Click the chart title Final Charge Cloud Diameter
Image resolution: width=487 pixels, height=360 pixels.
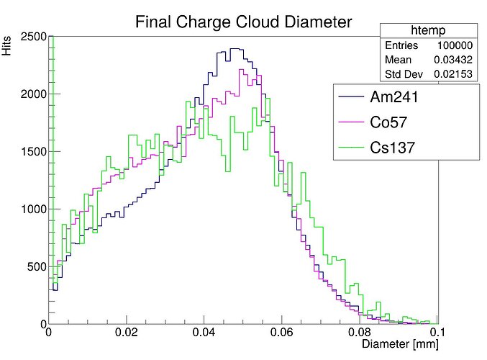coord(244,22)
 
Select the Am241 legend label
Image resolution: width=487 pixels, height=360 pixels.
coord(394,96)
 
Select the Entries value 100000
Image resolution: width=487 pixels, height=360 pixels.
coord(454,45)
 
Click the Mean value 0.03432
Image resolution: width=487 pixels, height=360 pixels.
coord(452,59)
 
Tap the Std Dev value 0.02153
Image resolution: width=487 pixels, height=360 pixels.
coord(452,73)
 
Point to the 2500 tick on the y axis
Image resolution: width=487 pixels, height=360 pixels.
coord(33,37)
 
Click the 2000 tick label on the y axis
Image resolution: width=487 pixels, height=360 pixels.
coord(33,94)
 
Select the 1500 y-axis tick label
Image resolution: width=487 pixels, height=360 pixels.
coord(33,152)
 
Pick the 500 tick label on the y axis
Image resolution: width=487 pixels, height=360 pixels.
coord(37,267)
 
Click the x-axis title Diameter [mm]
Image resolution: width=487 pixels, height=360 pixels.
coord(399,346)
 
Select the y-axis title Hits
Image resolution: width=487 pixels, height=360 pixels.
coord(7,48)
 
